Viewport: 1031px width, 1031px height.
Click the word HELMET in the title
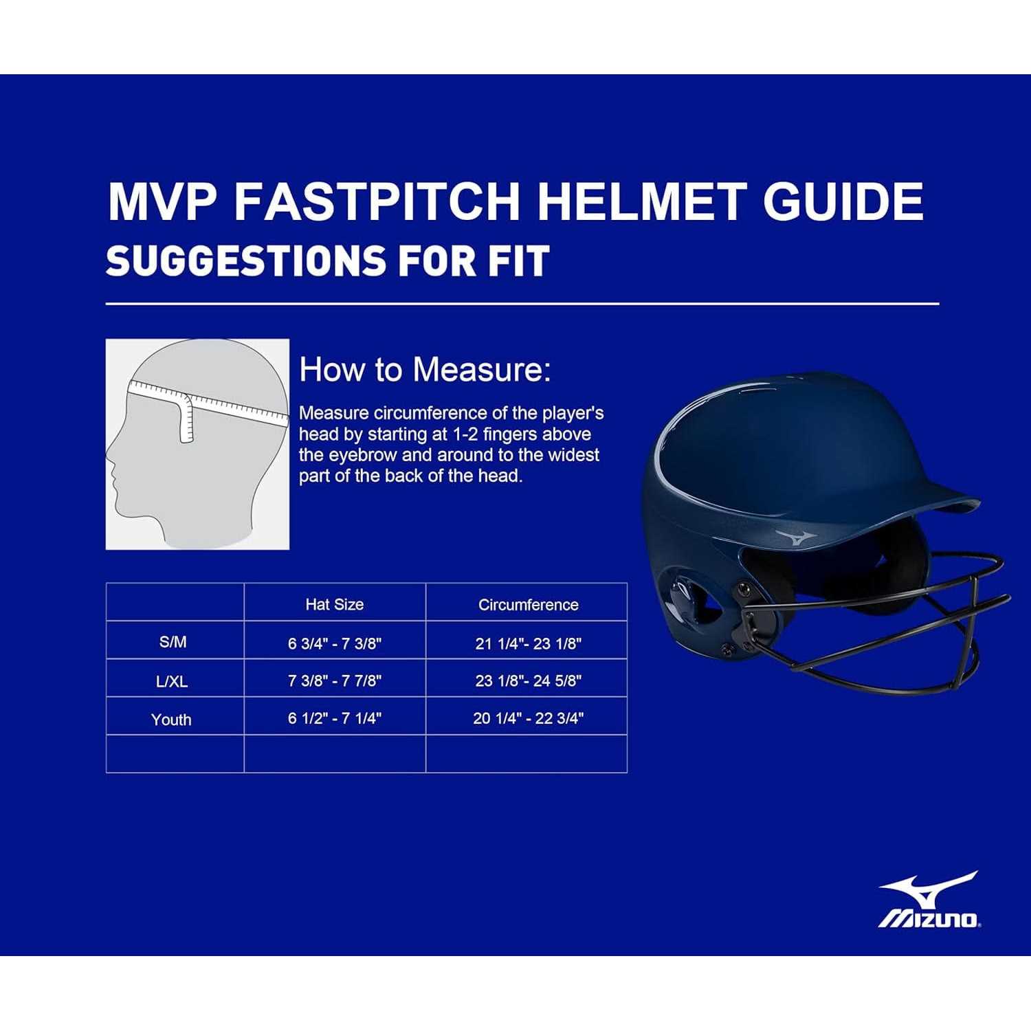(641, 201)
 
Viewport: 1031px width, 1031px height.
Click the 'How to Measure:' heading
(425, 370)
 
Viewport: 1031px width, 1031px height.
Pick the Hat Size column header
(335, 605)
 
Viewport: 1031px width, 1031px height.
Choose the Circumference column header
(529, 605)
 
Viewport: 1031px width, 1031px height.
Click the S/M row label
(173, 642)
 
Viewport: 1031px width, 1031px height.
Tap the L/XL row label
(172, 681)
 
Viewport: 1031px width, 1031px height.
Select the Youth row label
(171, 720)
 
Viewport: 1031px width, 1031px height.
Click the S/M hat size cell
(335, 643)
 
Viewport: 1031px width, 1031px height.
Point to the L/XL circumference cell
(529, 680)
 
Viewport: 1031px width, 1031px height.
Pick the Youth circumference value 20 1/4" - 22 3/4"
(529, 718)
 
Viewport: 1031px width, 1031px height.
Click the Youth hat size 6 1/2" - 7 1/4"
(335, 718)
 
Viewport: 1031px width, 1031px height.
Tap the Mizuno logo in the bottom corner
(929, 900)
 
